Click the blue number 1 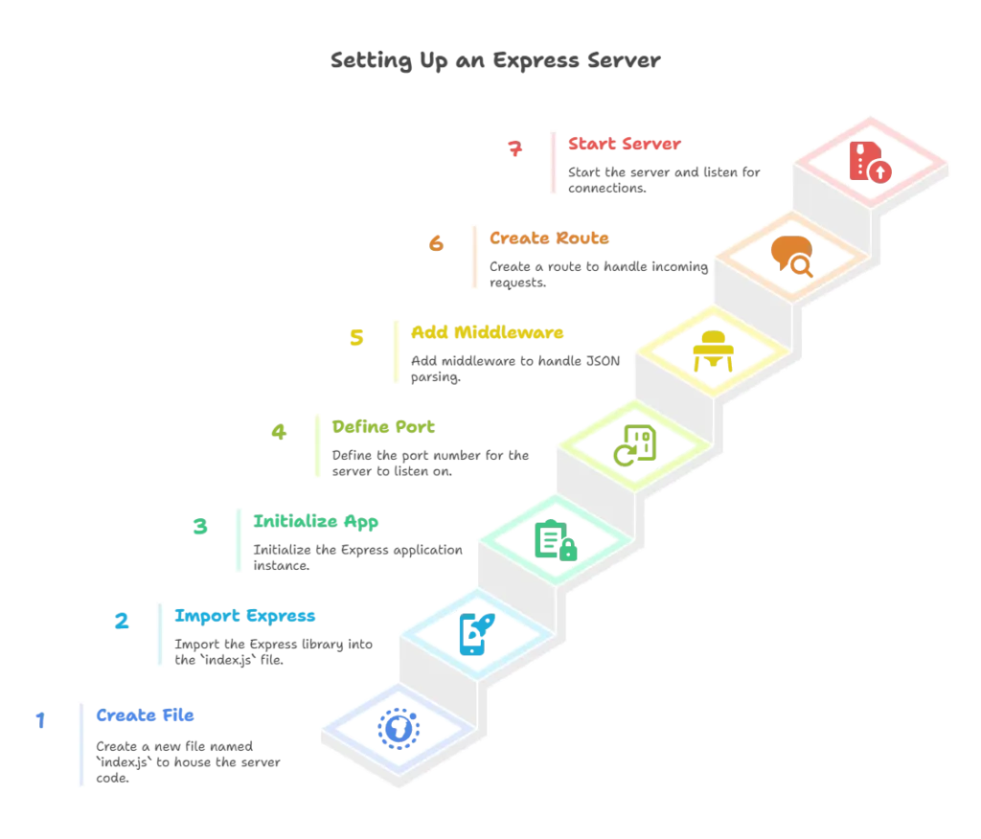click(39, 719)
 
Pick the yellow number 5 click(356, 337)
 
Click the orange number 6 click(437, 243)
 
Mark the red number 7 click(516, 148)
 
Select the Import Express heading click(245, 615)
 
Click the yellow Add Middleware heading click(487, 332)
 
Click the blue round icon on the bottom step click(398, 727)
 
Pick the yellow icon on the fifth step click(713, 351)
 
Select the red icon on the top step click(870, 162)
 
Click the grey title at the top click(495, 59)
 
